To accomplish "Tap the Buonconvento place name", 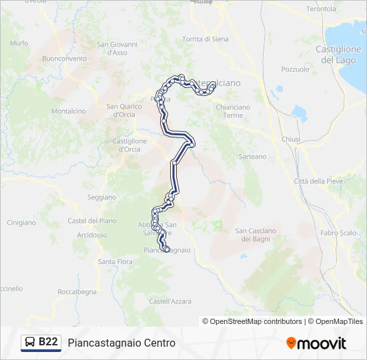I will [x=64, y=59].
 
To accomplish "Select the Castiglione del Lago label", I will [x=338, y=55].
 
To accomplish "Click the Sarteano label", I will [x=252, y=157].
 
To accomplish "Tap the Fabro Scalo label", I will [x=338, y=233].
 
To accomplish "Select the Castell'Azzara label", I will [x=170, y=301].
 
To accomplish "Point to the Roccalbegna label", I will [x=77, y=292].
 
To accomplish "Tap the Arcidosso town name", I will [x=91, y=235].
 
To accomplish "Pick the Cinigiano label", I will [x=21, y=223].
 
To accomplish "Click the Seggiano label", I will [x=101, y=197].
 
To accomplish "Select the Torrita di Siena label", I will [x=205, y=39].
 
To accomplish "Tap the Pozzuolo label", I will [x=295, y=69].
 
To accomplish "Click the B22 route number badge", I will [x=48, y=342].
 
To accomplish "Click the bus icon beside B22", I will [x=30, y=343].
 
